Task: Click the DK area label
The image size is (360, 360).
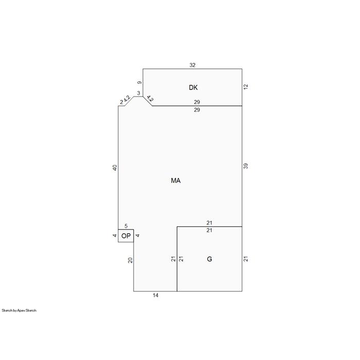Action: pos(193,87)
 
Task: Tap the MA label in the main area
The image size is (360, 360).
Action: pos(176,181)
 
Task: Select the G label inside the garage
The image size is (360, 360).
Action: pos(209,259)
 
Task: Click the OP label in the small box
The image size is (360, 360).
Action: pos(126,236)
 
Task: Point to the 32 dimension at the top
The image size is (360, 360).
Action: pos(192,65)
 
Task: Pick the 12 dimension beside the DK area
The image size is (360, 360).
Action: pos(246,87)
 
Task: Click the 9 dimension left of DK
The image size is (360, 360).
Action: pos(139,82)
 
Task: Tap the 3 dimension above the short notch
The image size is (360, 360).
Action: pos(138,93)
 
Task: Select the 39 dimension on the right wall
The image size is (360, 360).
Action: pos(246,166)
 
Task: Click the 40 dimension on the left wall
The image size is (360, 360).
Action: pos(115,168)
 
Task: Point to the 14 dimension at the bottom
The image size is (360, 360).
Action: pos(155,295)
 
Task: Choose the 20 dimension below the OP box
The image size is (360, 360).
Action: pos(130,260)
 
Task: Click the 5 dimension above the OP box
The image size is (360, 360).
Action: pos(126,226)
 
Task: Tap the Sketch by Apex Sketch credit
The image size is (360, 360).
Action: pos(19,311)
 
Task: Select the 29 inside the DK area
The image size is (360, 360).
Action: pos(197,102)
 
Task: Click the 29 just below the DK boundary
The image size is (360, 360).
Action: pos(197,110)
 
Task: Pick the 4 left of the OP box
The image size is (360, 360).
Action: pos(115,236)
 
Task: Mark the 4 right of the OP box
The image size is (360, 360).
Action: pos(137,236)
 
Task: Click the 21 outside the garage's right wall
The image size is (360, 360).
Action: pos(246,259)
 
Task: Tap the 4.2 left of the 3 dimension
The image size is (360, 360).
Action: pos(127,99)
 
